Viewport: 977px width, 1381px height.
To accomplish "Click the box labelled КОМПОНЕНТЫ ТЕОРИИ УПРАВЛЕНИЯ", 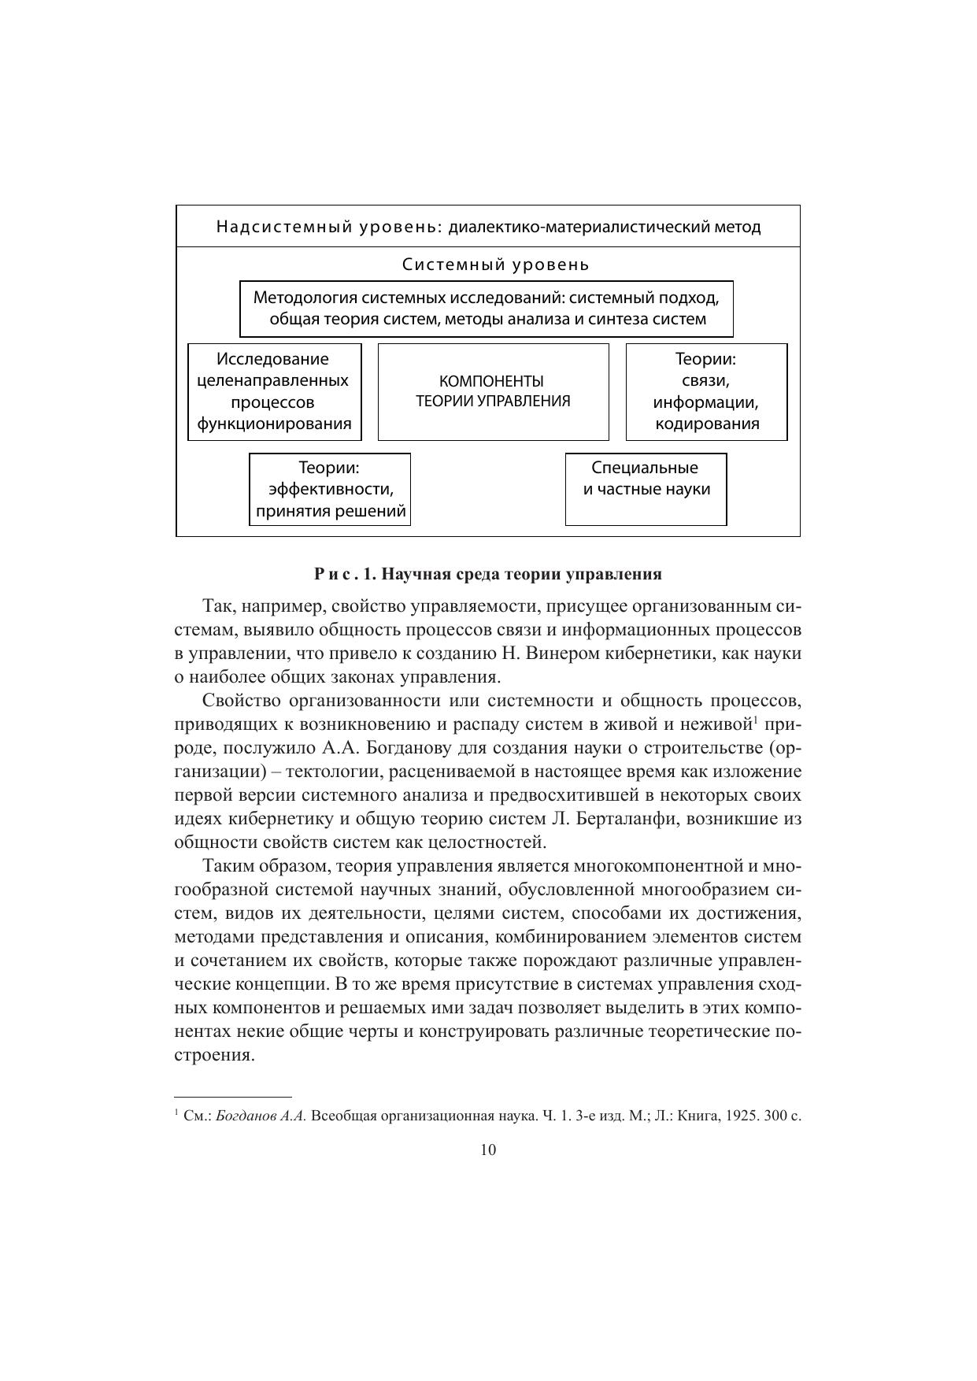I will pos(493,391).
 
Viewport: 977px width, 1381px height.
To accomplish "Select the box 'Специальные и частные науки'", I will pos(646,488).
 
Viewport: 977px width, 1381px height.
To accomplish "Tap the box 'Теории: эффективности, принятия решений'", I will pos(330,489).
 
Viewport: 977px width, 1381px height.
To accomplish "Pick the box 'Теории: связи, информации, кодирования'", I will pos(706,391).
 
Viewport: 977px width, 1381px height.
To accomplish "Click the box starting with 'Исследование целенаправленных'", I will pos(274,391).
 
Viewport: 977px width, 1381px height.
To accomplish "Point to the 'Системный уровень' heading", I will pos(495,265).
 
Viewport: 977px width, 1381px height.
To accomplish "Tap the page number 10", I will pos(487,1150).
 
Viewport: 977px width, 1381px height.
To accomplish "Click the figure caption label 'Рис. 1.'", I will pos(344,574).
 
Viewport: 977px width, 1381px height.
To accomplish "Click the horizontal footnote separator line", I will pos(232,1096).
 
